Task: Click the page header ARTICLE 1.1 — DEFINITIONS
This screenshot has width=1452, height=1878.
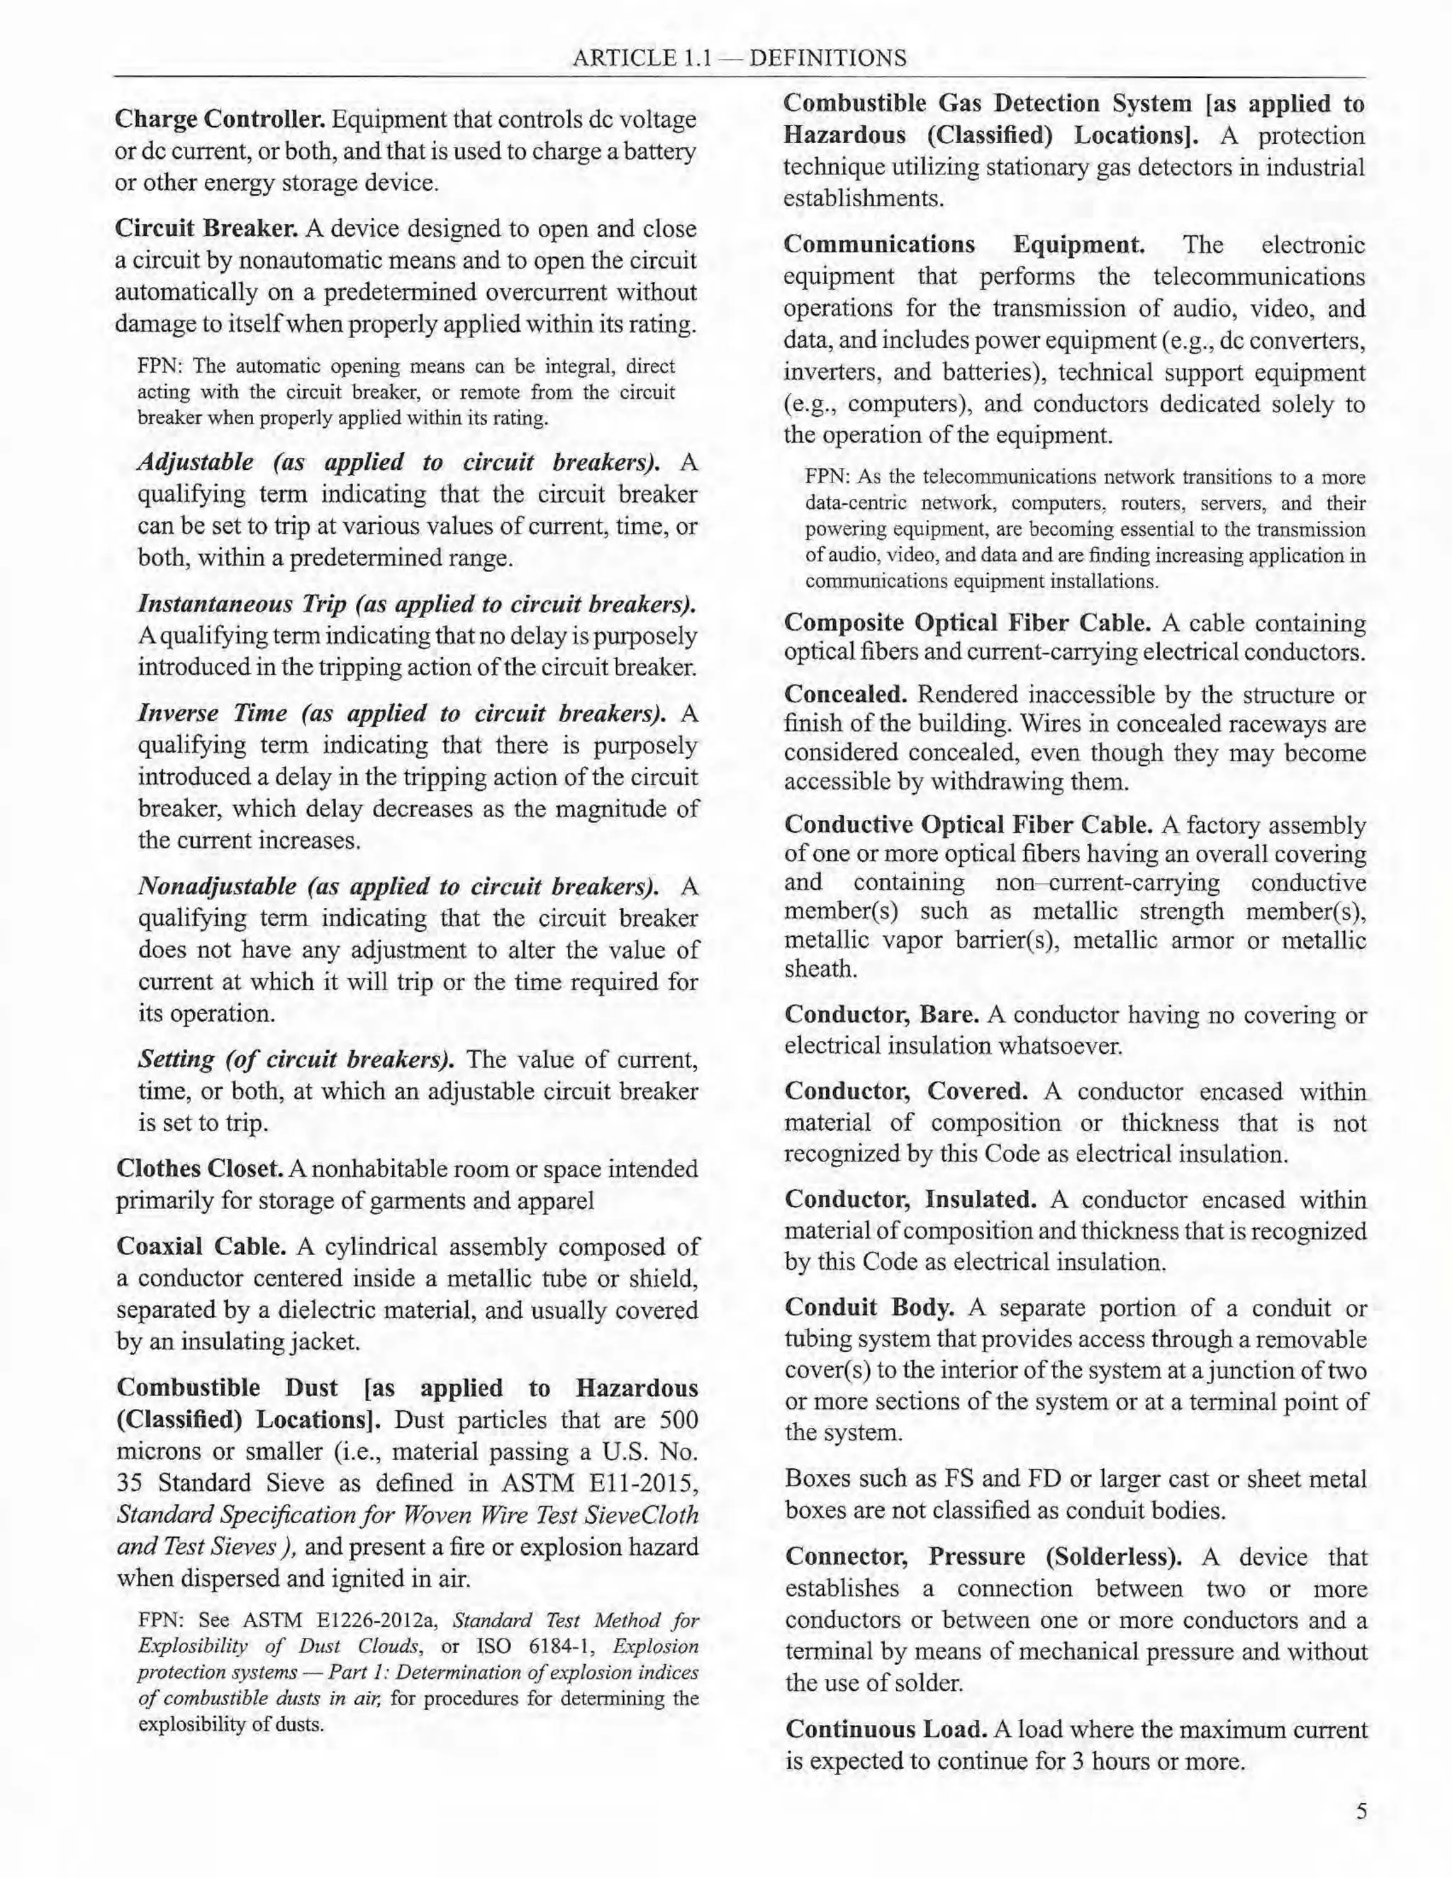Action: (x=739, y=59)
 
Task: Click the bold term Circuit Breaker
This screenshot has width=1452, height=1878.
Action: (x=206, y=229)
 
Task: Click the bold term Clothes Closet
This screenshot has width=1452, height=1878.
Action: (x=199, y=1169)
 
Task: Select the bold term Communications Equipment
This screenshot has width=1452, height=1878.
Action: (x=964, y=245)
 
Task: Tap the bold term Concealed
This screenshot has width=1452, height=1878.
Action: (x=846, y=695)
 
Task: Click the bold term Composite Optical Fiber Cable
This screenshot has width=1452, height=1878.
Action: (x=967, y=622)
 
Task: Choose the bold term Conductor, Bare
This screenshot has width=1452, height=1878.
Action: (x=881, y=1015)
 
